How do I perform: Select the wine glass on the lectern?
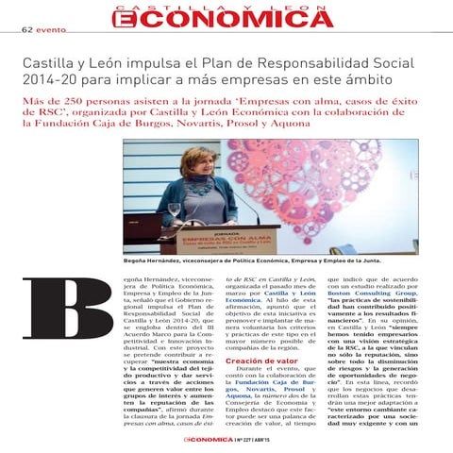tap(175, 212)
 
